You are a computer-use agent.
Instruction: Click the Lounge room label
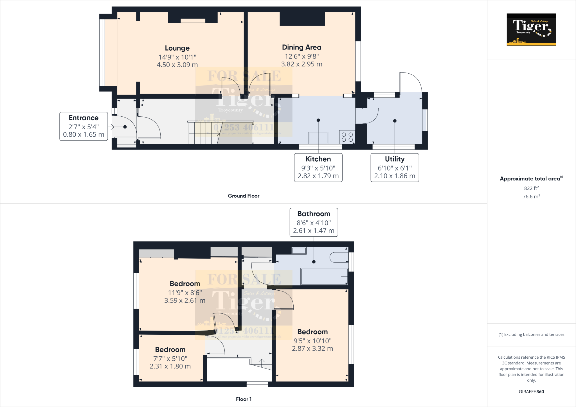(x=177, y=48)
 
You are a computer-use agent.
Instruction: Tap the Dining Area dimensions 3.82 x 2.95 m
(x=301, y=64)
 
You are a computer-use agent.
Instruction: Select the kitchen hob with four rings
(x=347, y=137)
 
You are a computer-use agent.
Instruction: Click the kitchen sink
(x=318, y=138)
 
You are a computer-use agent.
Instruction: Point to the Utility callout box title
(x=395, y=159)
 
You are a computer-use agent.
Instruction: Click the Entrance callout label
(x=84, y=118)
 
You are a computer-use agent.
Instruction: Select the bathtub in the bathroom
(x=324, y=277)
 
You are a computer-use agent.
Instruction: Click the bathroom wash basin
(x=299, y=250)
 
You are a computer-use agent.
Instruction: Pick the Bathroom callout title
(x=314, y=214)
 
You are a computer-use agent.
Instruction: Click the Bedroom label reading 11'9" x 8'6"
(x=185, y=293)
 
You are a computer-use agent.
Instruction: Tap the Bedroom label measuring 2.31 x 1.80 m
(x=170, y=366)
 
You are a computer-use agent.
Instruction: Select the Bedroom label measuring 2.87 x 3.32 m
(x=312, y=349)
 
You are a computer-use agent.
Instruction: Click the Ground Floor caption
(x=244, y=196)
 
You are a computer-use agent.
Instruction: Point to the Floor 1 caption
(x=244, y=399)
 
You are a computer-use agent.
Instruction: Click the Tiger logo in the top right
(x=531, y=30)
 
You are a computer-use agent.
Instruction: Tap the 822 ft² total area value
(x=531, y=188)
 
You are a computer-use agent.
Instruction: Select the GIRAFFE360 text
(x=531, y=392)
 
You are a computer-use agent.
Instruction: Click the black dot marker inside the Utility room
(x=395, y=121)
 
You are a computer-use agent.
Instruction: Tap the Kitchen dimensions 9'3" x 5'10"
(x=318, y=168)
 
